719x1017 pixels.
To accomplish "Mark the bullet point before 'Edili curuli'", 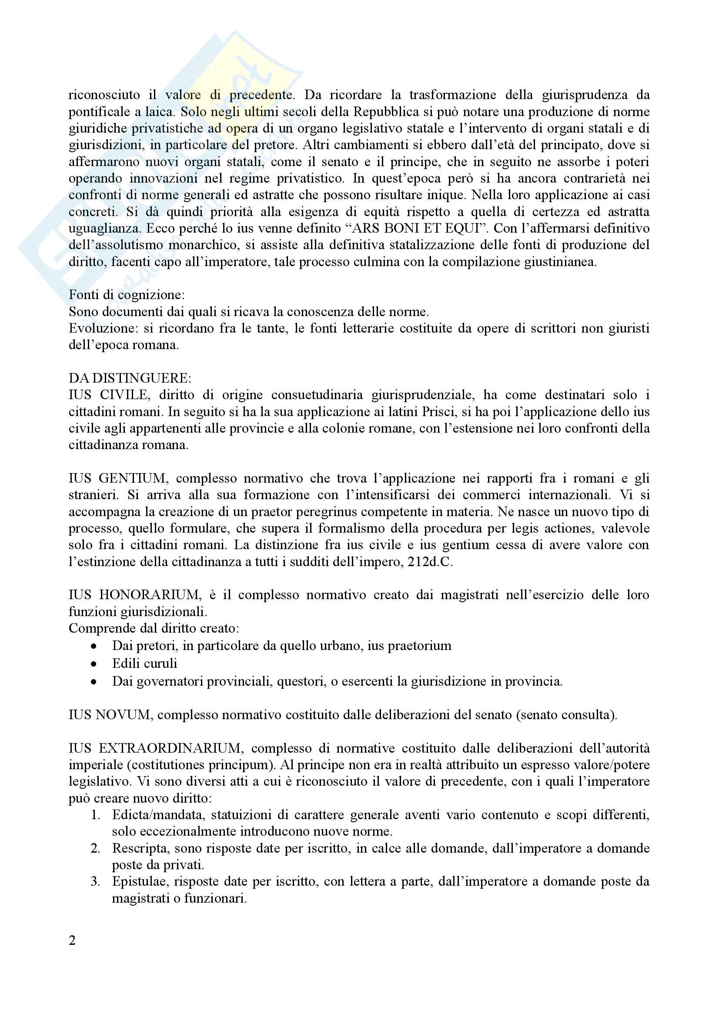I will click(x=94, y=664).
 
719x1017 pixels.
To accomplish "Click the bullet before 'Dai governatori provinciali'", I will click(x=94, y=682).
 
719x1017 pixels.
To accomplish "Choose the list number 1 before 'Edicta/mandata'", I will click(x=95, y=815).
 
